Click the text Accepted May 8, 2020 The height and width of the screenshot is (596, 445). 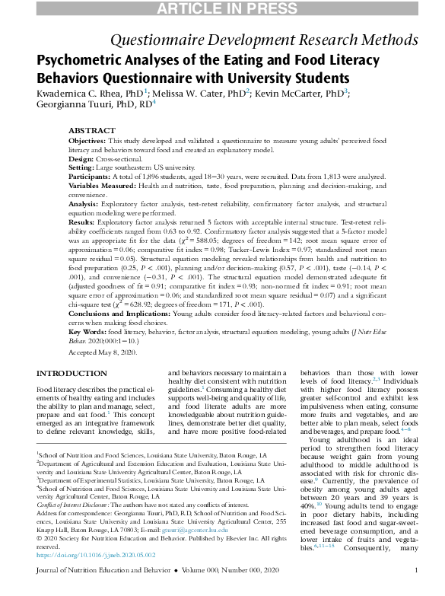102,353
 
